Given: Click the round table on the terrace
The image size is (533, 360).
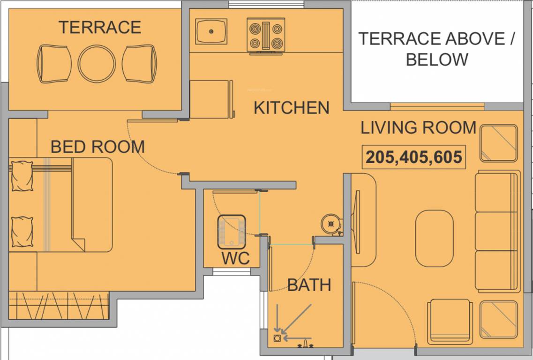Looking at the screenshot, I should (97, 64).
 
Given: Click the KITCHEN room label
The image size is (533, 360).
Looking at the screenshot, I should (291, 108).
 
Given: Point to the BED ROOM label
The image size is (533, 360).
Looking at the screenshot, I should (98, 147).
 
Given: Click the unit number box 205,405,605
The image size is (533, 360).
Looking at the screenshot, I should (414, 157).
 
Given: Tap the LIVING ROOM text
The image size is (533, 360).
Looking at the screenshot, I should (418, 127).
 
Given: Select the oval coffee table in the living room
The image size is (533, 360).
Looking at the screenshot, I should (434, 238).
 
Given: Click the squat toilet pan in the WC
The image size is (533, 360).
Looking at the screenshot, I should (231, 232).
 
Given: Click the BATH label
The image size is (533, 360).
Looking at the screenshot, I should (309, 285).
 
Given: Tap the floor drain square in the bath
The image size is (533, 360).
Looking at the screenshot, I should (277, 337).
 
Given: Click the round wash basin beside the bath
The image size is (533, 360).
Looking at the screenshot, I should (331, 224).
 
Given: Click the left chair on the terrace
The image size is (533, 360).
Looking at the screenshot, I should (54, 64).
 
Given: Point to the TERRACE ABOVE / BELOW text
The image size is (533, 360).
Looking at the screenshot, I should (437, 49).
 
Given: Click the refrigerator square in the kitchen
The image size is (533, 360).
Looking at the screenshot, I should (211, 99).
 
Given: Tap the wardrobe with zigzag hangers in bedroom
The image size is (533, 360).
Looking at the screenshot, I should (59, 305).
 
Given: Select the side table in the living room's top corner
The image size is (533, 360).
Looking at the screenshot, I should (498, 143).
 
